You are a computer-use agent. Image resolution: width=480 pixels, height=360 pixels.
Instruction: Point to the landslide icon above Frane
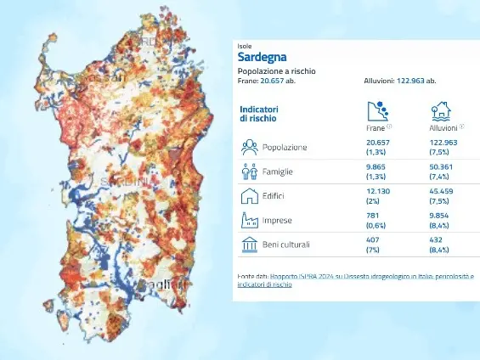click(x=376, y=110)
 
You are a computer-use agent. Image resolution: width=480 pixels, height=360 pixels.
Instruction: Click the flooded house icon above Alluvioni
click(x=440, y=110)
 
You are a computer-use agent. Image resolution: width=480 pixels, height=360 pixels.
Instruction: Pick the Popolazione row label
click(x=285, y=147)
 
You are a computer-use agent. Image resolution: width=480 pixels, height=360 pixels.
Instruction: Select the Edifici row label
click(x=274, y=197)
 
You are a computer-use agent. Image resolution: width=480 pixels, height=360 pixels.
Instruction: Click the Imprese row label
click(x=276, y=222)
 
